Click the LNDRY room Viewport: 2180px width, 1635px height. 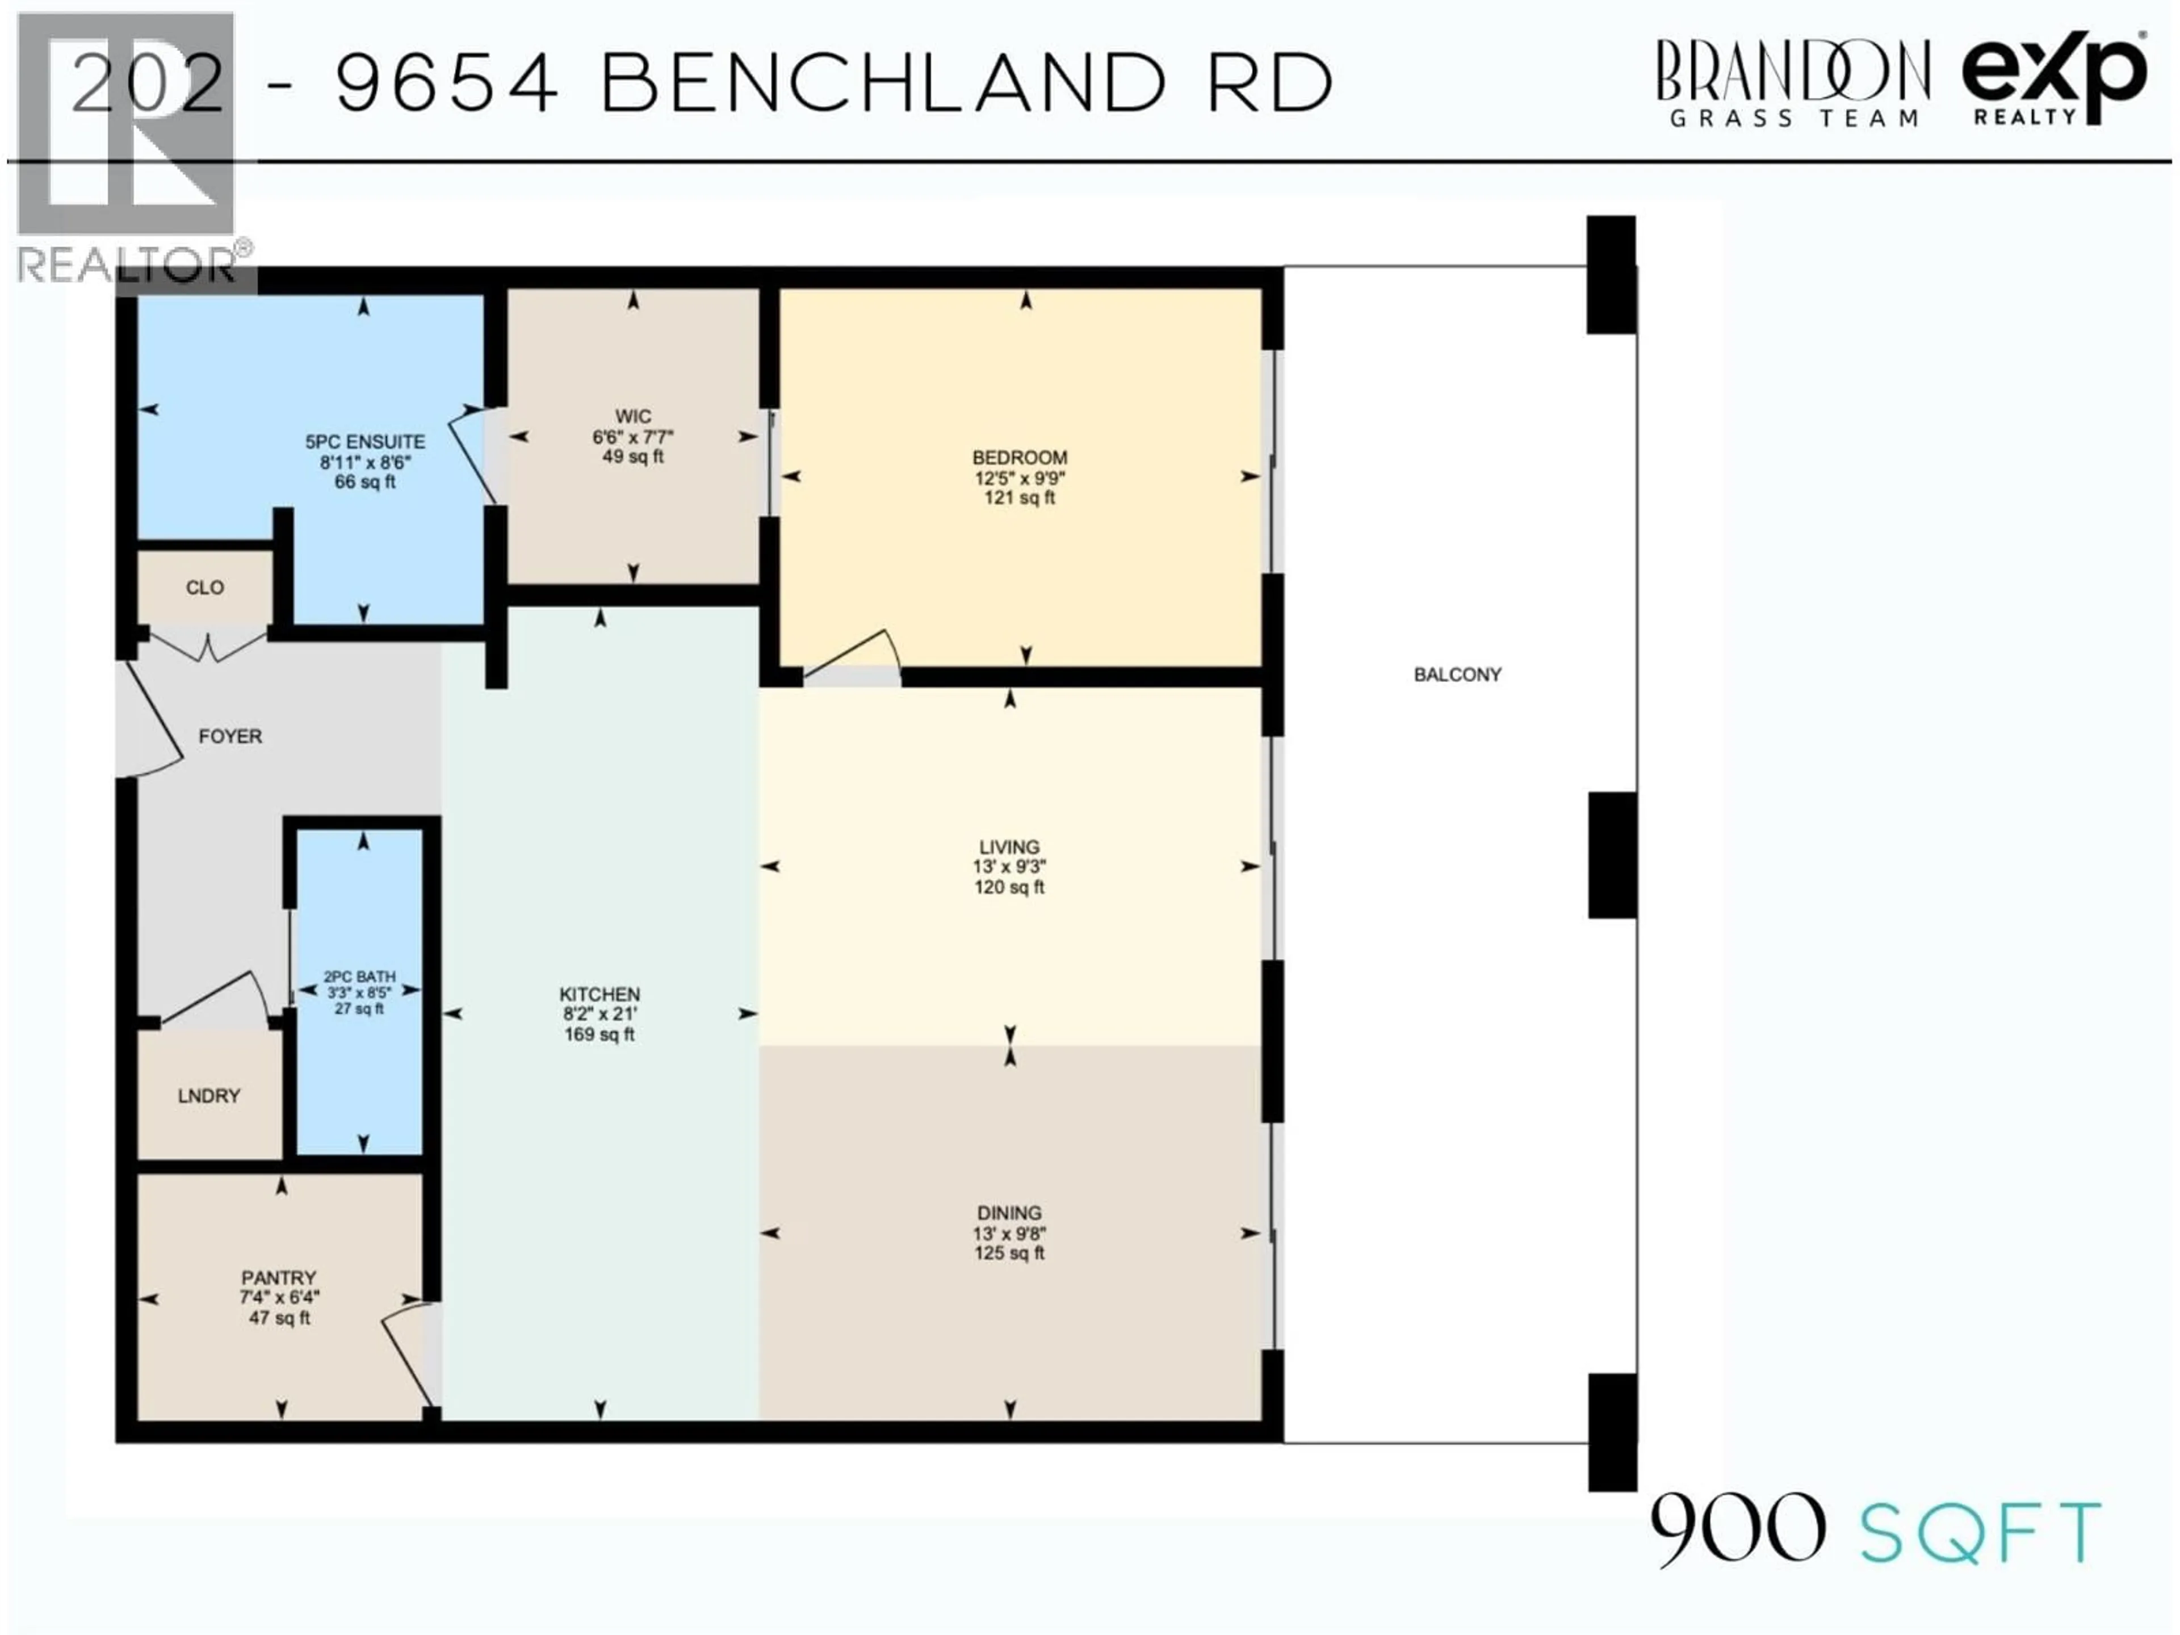click(x=209, y=1096)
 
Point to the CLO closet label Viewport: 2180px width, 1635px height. click(x=205, y=588)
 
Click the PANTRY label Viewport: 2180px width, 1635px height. click(x=279, y=1277)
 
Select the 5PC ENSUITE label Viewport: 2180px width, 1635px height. click(x=364, y=442)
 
